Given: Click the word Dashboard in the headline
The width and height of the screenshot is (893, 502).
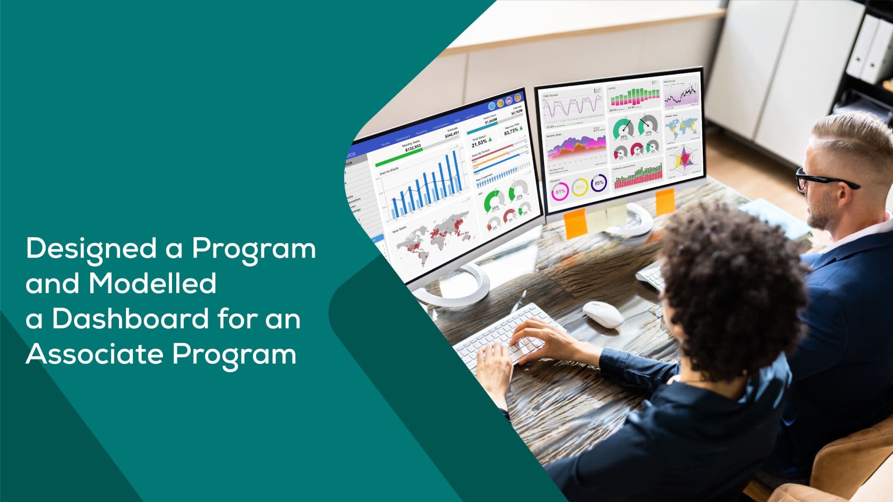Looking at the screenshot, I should (x=130, y=319).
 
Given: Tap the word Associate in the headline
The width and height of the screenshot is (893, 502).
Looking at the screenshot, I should (x=95, y=354).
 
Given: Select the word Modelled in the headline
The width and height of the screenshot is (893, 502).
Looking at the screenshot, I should (x=153, y=283).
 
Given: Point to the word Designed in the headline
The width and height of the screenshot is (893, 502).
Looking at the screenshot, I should (x=91, y=248).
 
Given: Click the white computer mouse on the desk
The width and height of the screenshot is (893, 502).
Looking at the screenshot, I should (x=603, y=314).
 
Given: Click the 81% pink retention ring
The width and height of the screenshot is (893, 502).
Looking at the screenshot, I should (x=560, y=192).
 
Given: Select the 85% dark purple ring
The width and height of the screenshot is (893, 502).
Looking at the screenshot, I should (x=599, y=183).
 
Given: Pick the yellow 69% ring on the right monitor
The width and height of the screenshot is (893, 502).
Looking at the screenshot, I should (x=580, y=188).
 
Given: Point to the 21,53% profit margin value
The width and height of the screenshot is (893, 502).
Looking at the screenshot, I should (x=479, y=143).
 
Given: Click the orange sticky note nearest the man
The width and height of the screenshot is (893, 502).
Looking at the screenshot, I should (x=665, y=201).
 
